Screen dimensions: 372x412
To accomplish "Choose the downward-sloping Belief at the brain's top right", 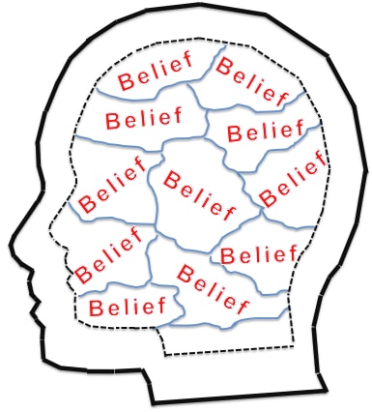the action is pyautogui.click(x=253, y=81).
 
